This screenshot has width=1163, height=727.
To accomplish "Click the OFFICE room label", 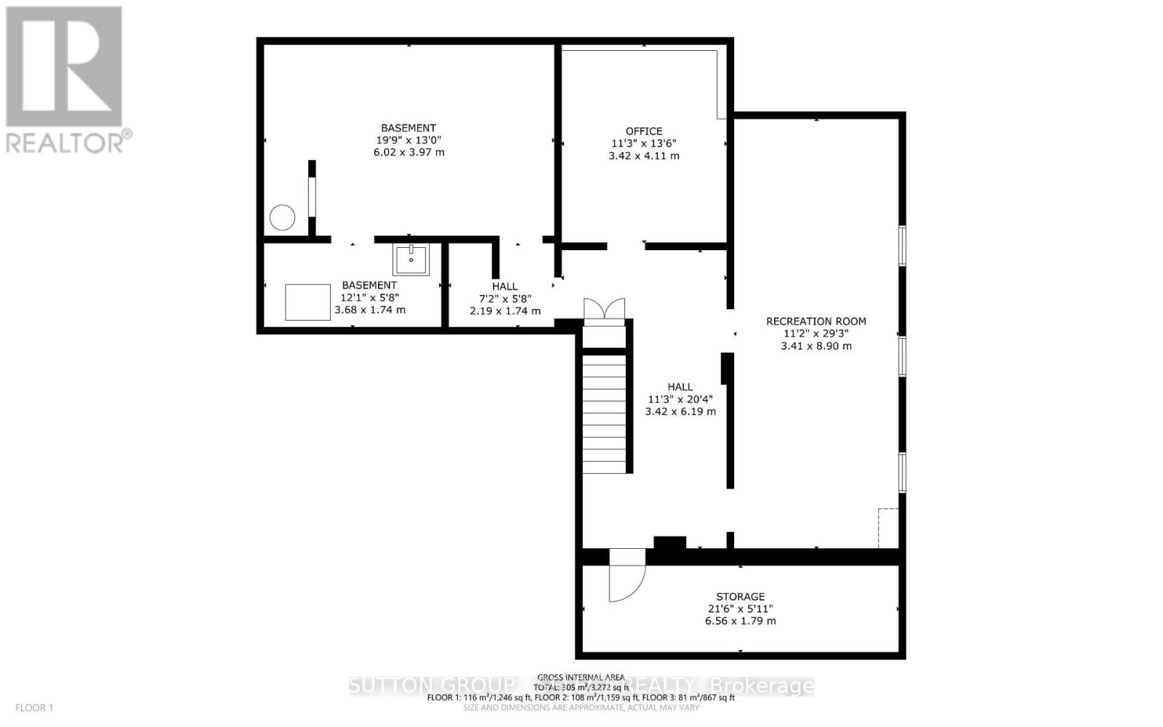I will tap(644, 131).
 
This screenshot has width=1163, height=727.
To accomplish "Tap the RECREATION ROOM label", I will tap(816, 321).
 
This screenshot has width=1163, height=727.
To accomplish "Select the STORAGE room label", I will tap(740, 597).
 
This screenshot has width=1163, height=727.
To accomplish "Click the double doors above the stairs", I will tap(604, 308).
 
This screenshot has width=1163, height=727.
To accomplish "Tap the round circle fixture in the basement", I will tap(282, 217).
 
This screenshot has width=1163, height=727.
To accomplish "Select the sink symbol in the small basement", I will tap(411, 259).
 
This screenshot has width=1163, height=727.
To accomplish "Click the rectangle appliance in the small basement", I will tap(307, 302).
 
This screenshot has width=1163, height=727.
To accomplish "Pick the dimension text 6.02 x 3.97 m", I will tap(408, 153).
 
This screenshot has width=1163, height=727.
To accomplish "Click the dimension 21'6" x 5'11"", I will tap(740, 609).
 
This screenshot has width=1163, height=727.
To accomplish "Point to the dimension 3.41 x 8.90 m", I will tap(816, 346).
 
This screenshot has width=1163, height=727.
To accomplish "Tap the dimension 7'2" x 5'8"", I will tap(504, 299).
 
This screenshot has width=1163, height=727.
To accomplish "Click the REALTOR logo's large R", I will tap(64, 67).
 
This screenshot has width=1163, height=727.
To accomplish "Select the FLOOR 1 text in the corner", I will tap(35, 707).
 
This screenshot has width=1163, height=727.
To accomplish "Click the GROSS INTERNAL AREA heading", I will tap(580, 677).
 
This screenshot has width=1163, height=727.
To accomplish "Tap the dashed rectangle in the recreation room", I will tap(888, 528).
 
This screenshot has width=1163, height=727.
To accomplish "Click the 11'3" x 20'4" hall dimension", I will tap(680, 399).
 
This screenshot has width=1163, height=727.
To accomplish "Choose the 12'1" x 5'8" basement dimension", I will tap(369, 297).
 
